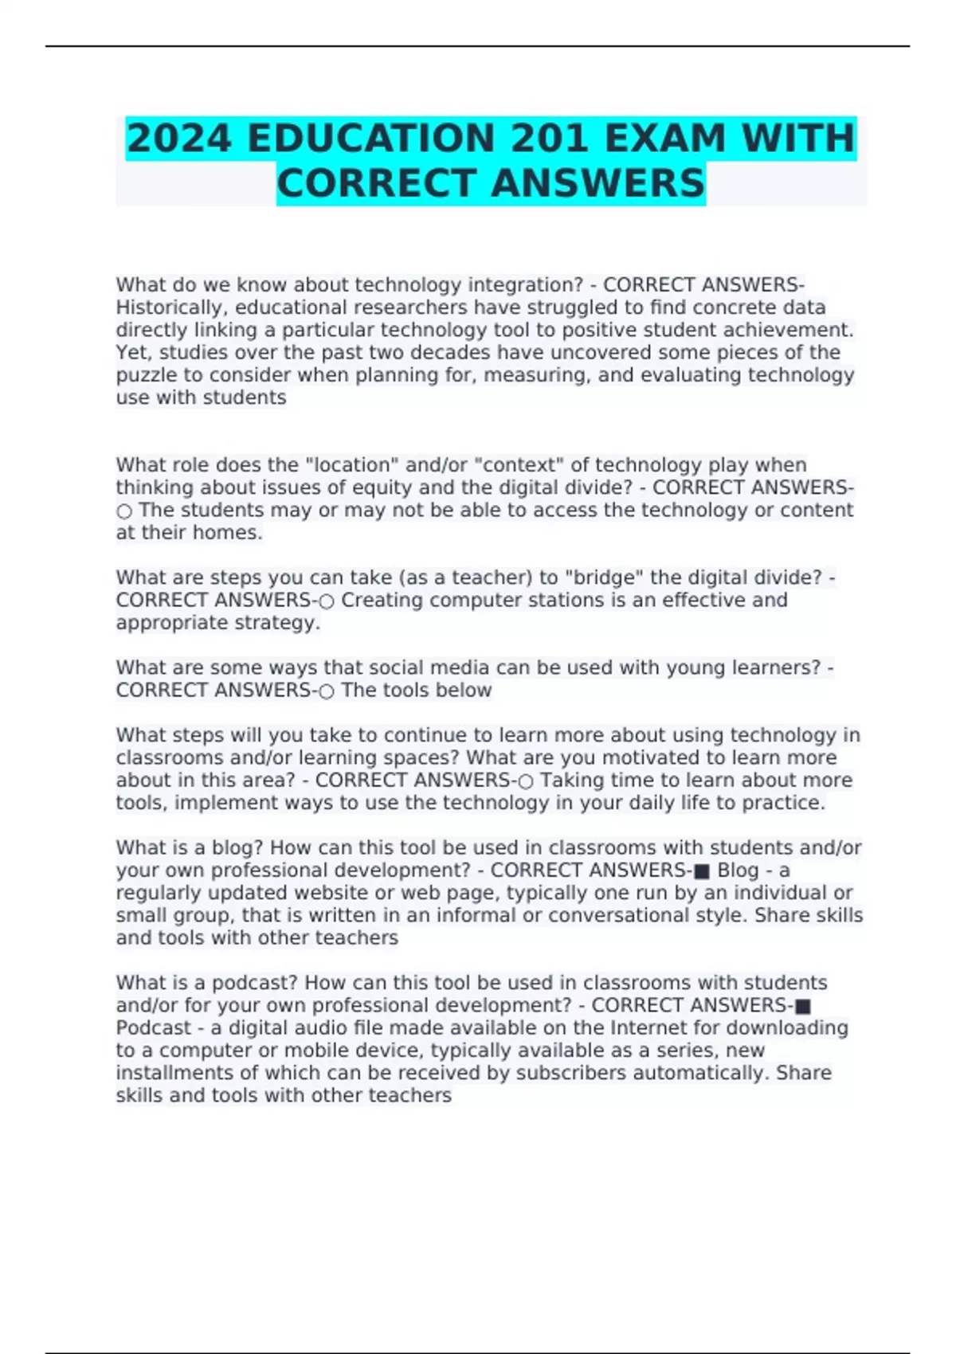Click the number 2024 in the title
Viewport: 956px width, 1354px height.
click(179, 139)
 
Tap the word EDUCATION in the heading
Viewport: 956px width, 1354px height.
click(371, 139)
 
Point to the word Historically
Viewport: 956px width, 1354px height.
click(168, 307)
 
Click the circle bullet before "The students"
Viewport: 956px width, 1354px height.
click(124, 511)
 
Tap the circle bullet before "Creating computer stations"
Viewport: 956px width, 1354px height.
click(326, 601)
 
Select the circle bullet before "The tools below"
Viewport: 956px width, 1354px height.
click(326, 691)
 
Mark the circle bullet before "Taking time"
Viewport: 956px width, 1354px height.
click(526, 781)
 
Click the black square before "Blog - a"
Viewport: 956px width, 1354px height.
click(702, 871)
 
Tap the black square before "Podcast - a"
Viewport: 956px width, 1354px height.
click(803, 1006)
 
